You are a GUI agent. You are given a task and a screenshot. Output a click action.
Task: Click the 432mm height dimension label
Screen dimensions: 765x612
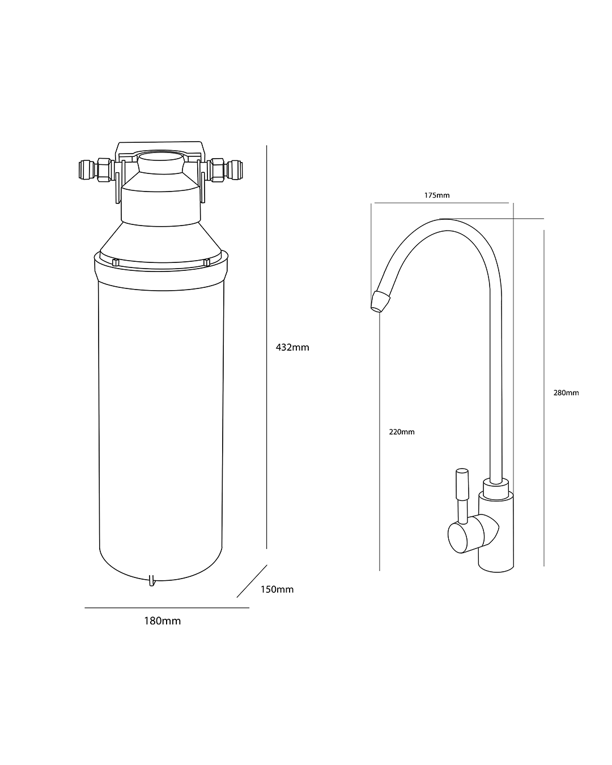pyautogui.click(x=292, y=347)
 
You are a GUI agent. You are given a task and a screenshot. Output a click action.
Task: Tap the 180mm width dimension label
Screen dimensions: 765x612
pyautogui.click(x=162, y=621)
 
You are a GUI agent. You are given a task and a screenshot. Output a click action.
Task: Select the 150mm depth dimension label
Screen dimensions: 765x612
pyautogui.click(x=277, y=589)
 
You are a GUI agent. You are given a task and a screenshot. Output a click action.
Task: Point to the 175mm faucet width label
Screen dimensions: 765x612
pyautogui.click(x=437, y=195)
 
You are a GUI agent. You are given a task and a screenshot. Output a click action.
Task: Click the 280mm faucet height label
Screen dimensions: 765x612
pyautogui.click(x=566, y=393)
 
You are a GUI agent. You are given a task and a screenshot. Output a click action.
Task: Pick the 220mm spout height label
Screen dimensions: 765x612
pyautogui.click(x=402, y=432)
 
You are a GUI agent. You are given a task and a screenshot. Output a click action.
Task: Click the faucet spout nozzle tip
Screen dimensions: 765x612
pyautogui.click(x=380, y=301)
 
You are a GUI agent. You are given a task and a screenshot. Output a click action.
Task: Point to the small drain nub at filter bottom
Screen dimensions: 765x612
pyautogui.click(x=151, y=581)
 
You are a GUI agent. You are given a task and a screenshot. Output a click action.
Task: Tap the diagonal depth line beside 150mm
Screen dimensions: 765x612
pyautogui.click(x=252, y=581)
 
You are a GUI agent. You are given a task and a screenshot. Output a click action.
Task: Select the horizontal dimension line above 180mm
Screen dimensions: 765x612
pyautogui.click(x=167, y=608)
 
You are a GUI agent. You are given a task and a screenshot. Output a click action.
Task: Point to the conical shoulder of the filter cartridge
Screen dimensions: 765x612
pyautogui.click(x=161, y=240)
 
